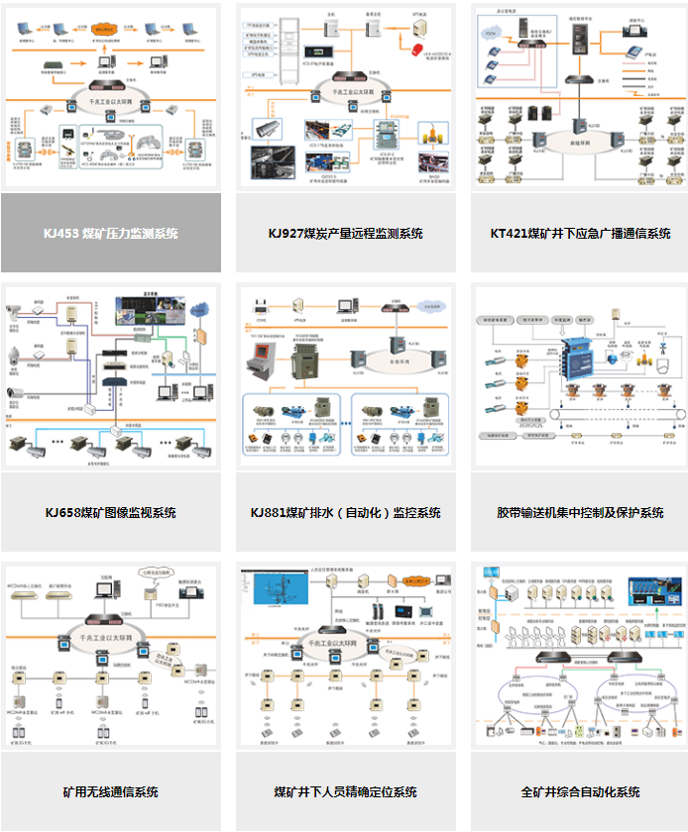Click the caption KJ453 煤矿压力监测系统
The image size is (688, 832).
(x=111, y=234)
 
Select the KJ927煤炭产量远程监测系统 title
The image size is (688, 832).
(x=345, y=234)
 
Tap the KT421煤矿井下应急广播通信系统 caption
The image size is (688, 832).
(x=580, y=234)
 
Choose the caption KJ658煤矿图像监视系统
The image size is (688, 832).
(x=111, y=513)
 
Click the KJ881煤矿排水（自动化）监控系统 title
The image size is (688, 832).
(x=345, y=513)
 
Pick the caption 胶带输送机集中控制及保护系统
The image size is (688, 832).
(x=580, y=513)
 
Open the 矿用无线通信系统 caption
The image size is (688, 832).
(x=111, y=792)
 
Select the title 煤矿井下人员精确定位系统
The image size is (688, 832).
(x=345, y=792)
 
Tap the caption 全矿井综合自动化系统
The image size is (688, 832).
(x=580, y=792)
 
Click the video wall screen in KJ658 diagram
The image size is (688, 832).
(x=150, y=309)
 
